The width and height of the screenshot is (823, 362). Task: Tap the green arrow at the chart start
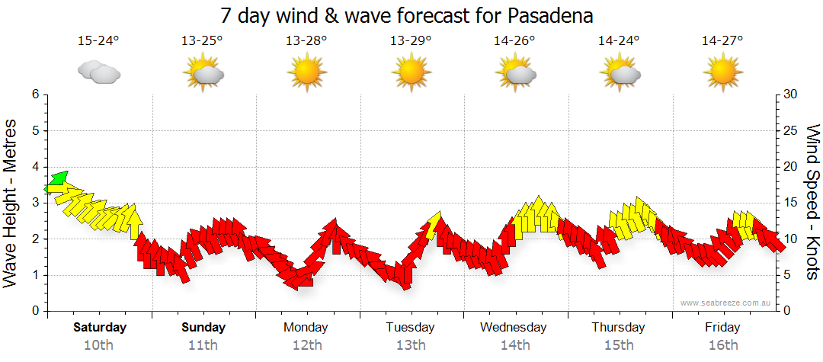[x=56, y=182]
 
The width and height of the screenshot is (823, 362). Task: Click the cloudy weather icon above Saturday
[x=99, y=72]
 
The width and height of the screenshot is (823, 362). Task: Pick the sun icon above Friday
[x=722, y=73]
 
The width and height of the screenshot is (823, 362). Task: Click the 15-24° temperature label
[x=99, y=40]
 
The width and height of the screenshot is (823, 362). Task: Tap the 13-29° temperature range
[x=411, y=40]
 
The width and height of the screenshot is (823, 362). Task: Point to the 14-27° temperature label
[x=722, y=40]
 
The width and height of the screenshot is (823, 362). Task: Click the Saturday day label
[x=99, y=328]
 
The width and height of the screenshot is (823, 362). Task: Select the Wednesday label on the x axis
[x=514, y=328]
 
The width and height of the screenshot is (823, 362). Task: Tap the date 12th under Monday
[x=306, y=345]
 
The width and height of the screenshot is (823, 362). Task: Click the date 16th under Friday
[x=722, y=345]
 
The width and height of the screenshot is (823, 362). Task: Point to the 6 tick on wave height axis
[x=34, y=95]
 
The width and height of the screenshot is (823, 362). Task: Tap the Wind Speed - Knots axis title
[x=812, y=203]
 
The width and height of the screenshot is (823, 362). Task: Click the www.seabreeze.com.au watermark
[x=727, y=303]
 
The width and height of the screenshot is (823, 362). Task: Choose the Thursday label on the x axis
[x=618, y=328]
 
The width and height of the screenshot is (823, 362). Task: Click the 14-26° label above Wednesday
[x=514, y=40]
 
